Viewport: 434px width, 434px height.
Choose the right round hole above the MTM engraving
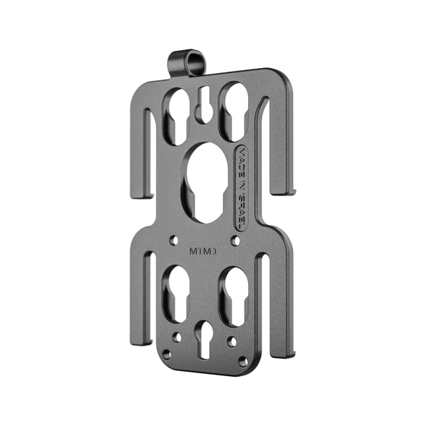[234, 239]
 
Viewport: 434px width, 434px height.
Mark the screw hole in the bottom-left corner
[167, 354]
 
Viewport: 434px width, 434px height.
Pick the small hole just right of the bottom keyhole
[231, 340]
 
